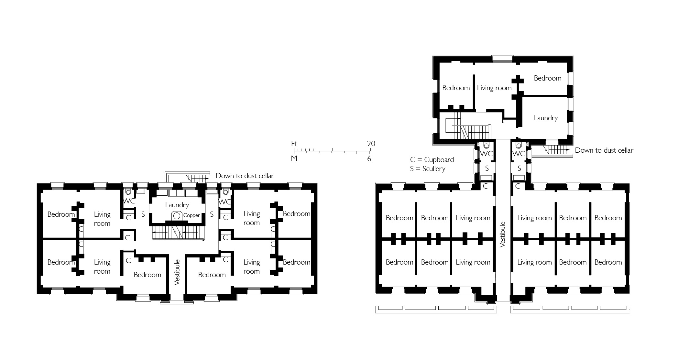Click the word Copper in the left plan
pos(191,215)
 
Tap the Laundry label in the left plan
pos(177,205)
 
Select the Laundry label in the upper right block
pos(546,118)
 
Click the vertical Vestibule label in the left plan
pos(177,272)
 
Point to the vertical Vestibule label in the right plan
pos(502,234)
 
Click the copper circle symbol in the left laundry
pos(177,215)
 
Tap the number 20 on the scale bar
pos(371,144)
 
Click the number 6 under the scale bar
pos(369,159)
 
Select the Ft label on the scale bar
pos(294,144)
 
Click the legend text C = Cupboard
pos(432,159)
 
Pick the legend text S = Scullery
pos(427,169)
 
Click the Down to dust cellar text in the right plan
pos(604,150)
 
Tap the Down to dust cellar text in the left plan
pos(245,176)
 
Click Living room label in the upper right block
pos(494,88)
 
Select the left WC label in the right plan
pos(486,154)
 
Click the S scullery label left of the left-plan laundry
pos(143,214)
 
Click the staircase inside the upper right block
pos(469,128)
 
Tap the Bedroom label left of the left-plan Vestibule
pos(148,275)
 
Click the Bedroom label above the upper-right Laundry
pos(547,78)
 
